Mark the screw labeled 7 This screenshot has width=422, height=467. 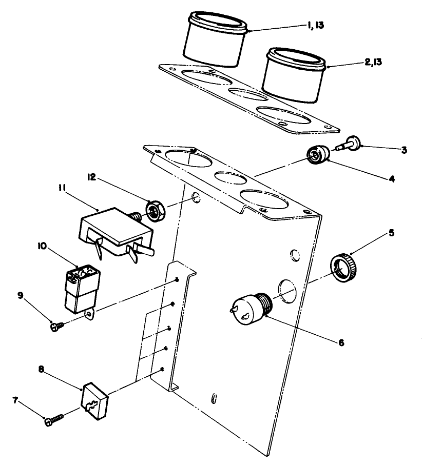pos(53,420)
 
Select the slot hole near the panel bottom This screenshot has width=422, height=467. pos(215,398)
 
